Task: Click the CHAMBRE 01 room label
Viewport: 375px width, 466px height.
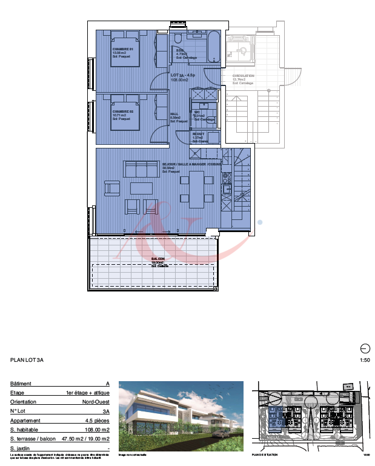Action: (x=122, y=49)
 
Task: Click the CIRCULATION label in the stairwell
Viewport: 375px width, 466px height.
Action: (x=244, y=76)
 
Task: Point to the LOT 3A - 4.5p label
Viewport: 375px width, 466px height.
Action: (x=182, y=75)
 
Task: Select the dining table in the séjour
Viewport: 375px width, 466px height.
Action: (x=197, y=188)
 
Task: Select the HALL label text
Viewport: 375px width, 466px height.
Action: (x=174, y=113)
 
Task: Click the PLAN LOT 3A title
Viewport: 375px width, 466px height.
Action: (x=27, y=360)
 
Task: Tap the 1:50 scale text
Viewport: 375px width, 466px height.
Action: (x=365, y=361)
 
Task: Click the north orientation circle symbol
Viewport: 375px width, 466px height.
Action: (x=365, y=348)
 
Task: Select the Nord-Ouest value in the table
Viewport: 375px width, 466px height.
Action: (x=96, y=402)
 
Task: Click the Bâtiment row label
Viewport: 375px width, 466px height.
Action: (x=21, y=384)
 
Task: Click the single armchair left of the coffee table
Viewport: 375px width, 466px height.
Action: (x=112, y=188)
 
